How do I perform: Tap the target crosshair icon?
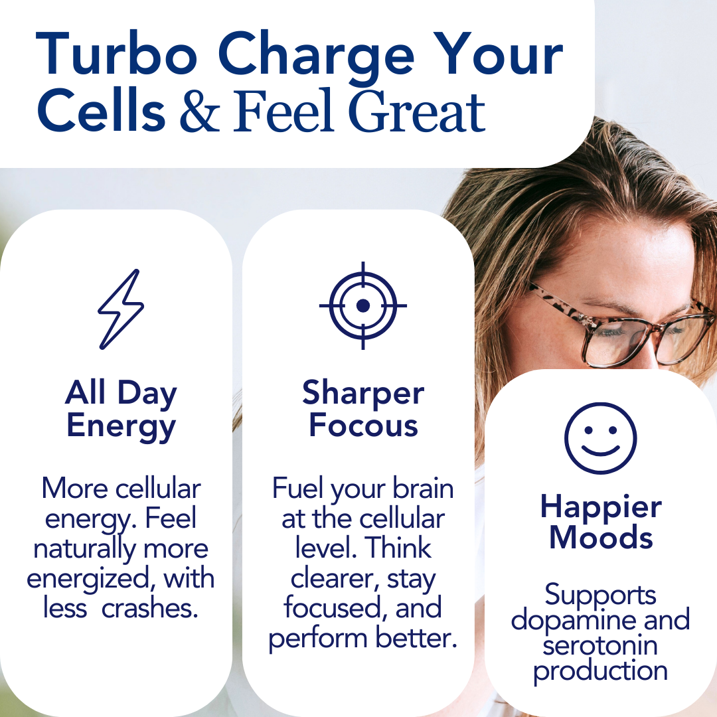coord(363,305)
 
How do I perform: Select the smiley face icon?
coord(600,438)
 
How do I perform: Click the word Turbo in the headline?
coord(117,54)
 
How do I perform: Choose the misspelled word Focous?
coord(364,426)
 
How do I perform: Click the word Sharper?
coord(364,394)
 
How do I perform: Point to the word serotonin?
coord(600,646)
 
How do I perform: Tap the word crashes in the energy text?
coord(150,609)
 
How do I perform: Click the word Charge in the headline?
coord(316,57)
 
